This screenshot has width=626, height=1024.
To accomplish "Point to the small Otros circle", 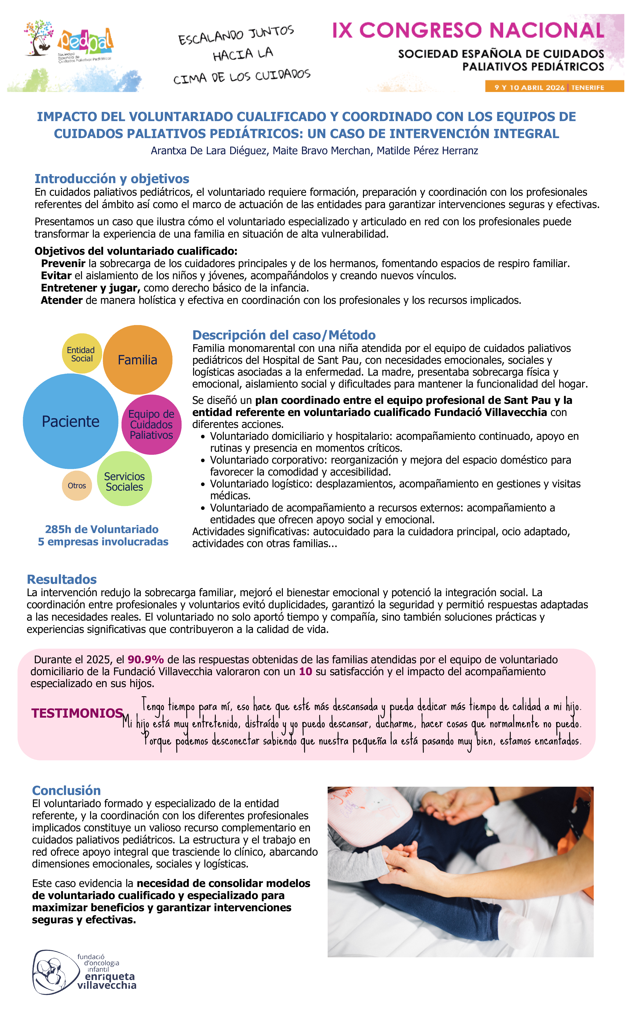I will pyautogui.click(x=77, y=485).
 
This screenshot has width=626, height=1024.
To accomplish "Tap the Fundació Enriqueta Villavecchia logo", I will pyautogui.click(x=85, y=972).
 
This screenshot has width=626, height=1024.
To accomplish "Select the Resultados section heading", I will pyautogui.click(x=62, y=579).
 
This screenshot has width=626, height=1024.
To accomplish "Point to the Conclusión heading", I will pyautogui.click(x=66, y=791).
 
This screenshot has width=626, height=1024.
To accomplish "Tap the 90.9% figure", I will pyautogui.click(x=145, y=659).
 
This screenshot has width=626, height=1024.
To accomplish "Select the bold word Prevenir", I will pyautogui.click(x=63, y=263).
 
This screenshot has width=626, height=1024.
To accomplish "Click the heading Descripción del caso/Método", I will pyautogui.click(x=284, y=335).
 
